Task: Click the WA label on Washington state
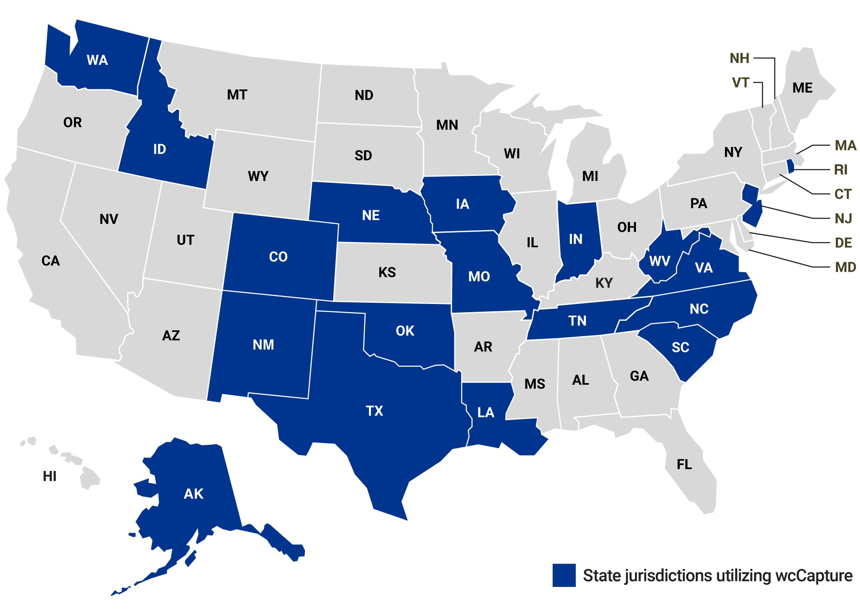point(97,60)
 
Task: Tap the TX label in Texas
point(375,411)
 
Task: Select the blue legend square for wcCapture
point(564,575)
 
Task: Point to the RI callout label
point(841,170)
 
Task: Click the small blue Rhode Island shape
point(790,166)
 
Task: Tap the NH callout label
point(740,58)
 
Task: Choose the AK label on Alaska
point(193,494)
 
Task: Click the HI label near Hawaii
point(49,476)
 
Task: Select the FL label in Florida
point(684,465)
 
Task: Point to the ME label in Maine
point(802,88)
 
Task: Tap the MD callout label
point(845,267)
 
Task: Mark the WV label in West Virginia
point(660,261)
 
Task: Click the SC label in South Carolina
point(680,347)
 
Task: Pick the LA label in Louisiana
point(486,413)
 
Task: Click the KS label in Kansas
point(387,272)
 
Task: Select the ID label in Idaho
point(160,149)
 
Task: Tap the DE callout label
point(843,243)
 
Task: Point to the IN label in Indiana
point(576,239)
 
